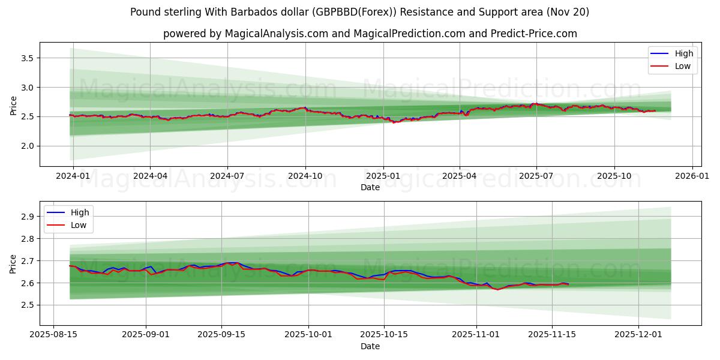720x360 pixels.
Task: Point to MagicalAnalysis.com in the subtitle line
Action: [x=277, y=34]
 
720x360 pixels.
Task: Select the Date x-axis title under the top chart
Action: [x=370, y=187]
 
